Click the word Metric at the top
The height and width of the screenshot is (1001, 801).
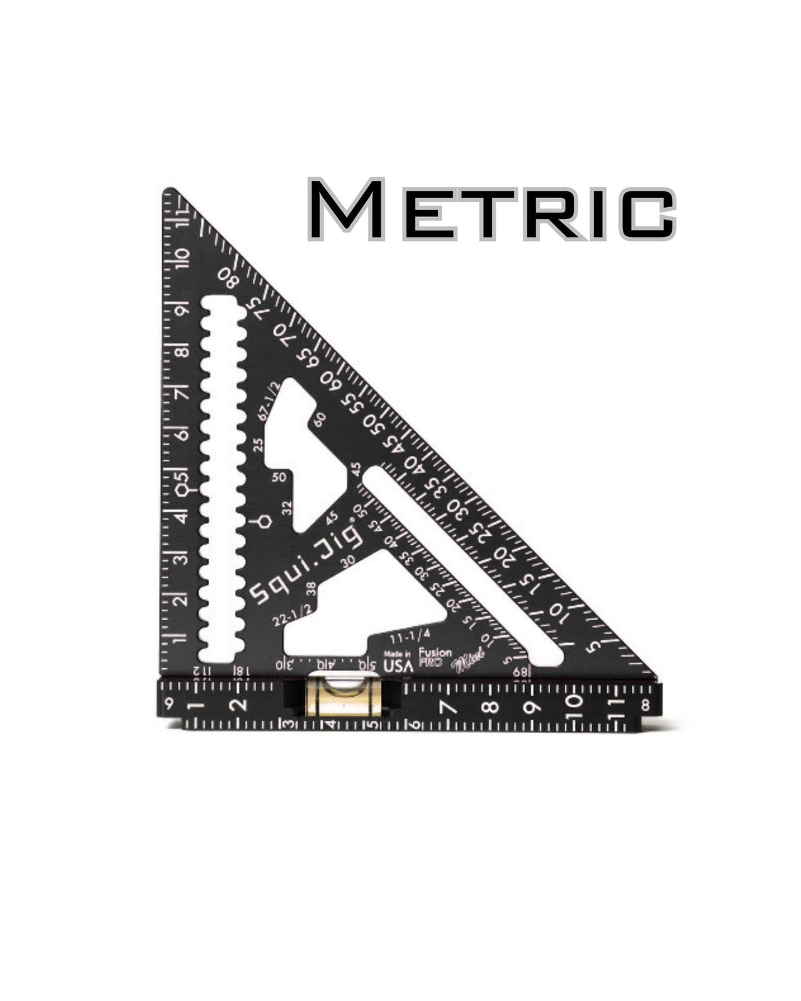(491, 209)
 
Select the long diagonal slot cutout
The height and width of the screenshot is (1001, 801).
(462, 565)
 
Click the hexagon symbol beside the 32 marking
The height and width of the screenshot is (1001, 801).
(262, 522)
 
